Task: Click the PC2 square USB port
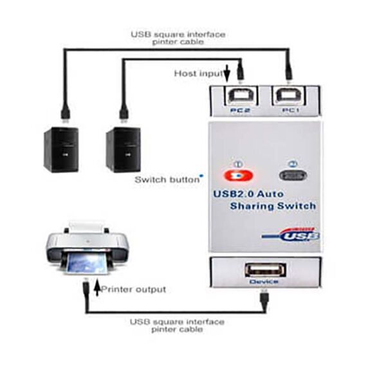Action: point(241,96)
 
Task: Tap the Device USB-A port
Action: point(265,270)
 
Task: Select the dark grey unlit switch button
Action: point(293,176)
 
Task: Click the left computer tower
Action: point(61,150)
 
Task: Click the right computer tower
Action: point(124,150)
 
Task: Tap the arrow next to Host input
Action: point(227,73)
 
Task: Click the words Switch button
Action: point(167,179)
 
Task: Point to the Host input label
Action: point(198,73)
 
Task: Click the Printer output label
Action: point(134,289)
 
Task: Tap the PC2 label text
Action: point(240,110)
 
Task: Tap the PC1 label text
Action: point(291,110)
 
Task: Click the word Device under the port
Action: point(264,281)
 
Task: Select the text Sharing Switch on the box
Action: point(273,206)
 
